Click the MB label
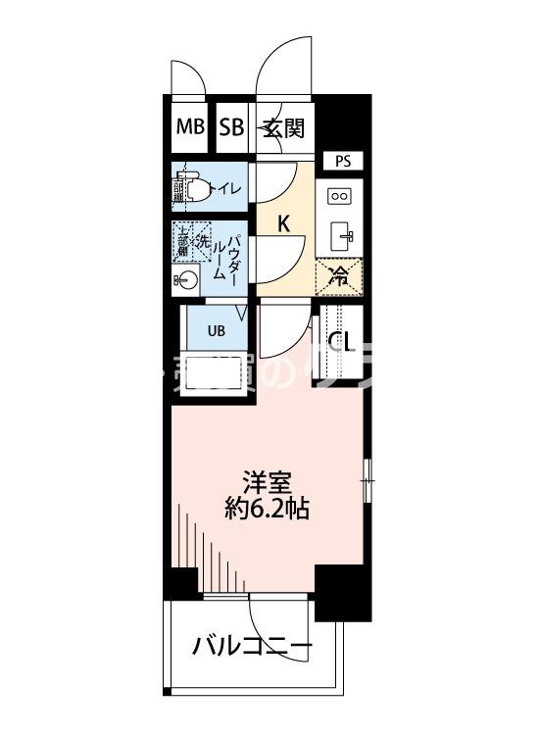point(190,126)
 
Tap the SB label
point(231,126)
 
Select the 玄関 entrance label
point(283,126)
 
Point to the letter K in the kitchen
point(283,223)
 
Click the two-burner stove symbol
point(340,196)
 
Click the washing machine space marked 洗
point(202,238)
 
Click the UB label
point(216,330)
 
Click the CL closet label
point(341,342)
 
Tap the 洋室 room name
point(264,482)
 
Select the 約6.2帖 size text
point(264,510)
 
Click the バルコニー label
point(252,648)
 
